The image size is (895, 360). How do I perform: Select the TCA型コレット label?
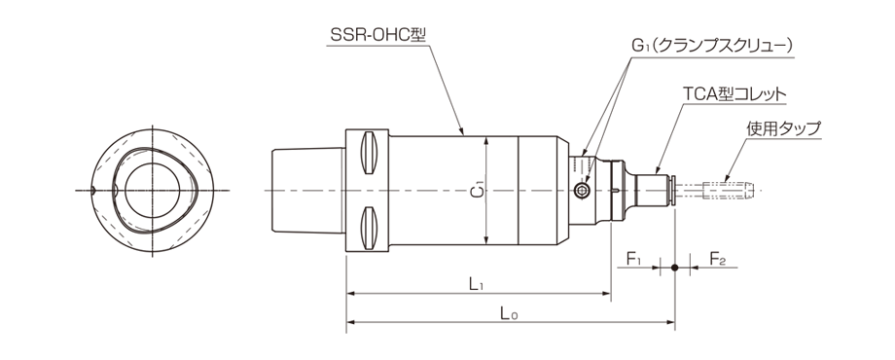734,93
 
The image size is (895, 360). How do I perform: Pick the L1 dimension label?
477,284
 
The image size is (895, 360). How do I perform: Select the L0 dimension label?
508,313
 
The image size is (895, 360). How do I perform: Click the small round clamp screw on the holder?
583,191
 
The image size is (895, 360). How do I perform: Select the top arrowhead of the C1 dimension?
485,139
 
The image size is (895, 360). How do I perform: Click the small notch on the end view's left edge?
90,189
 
